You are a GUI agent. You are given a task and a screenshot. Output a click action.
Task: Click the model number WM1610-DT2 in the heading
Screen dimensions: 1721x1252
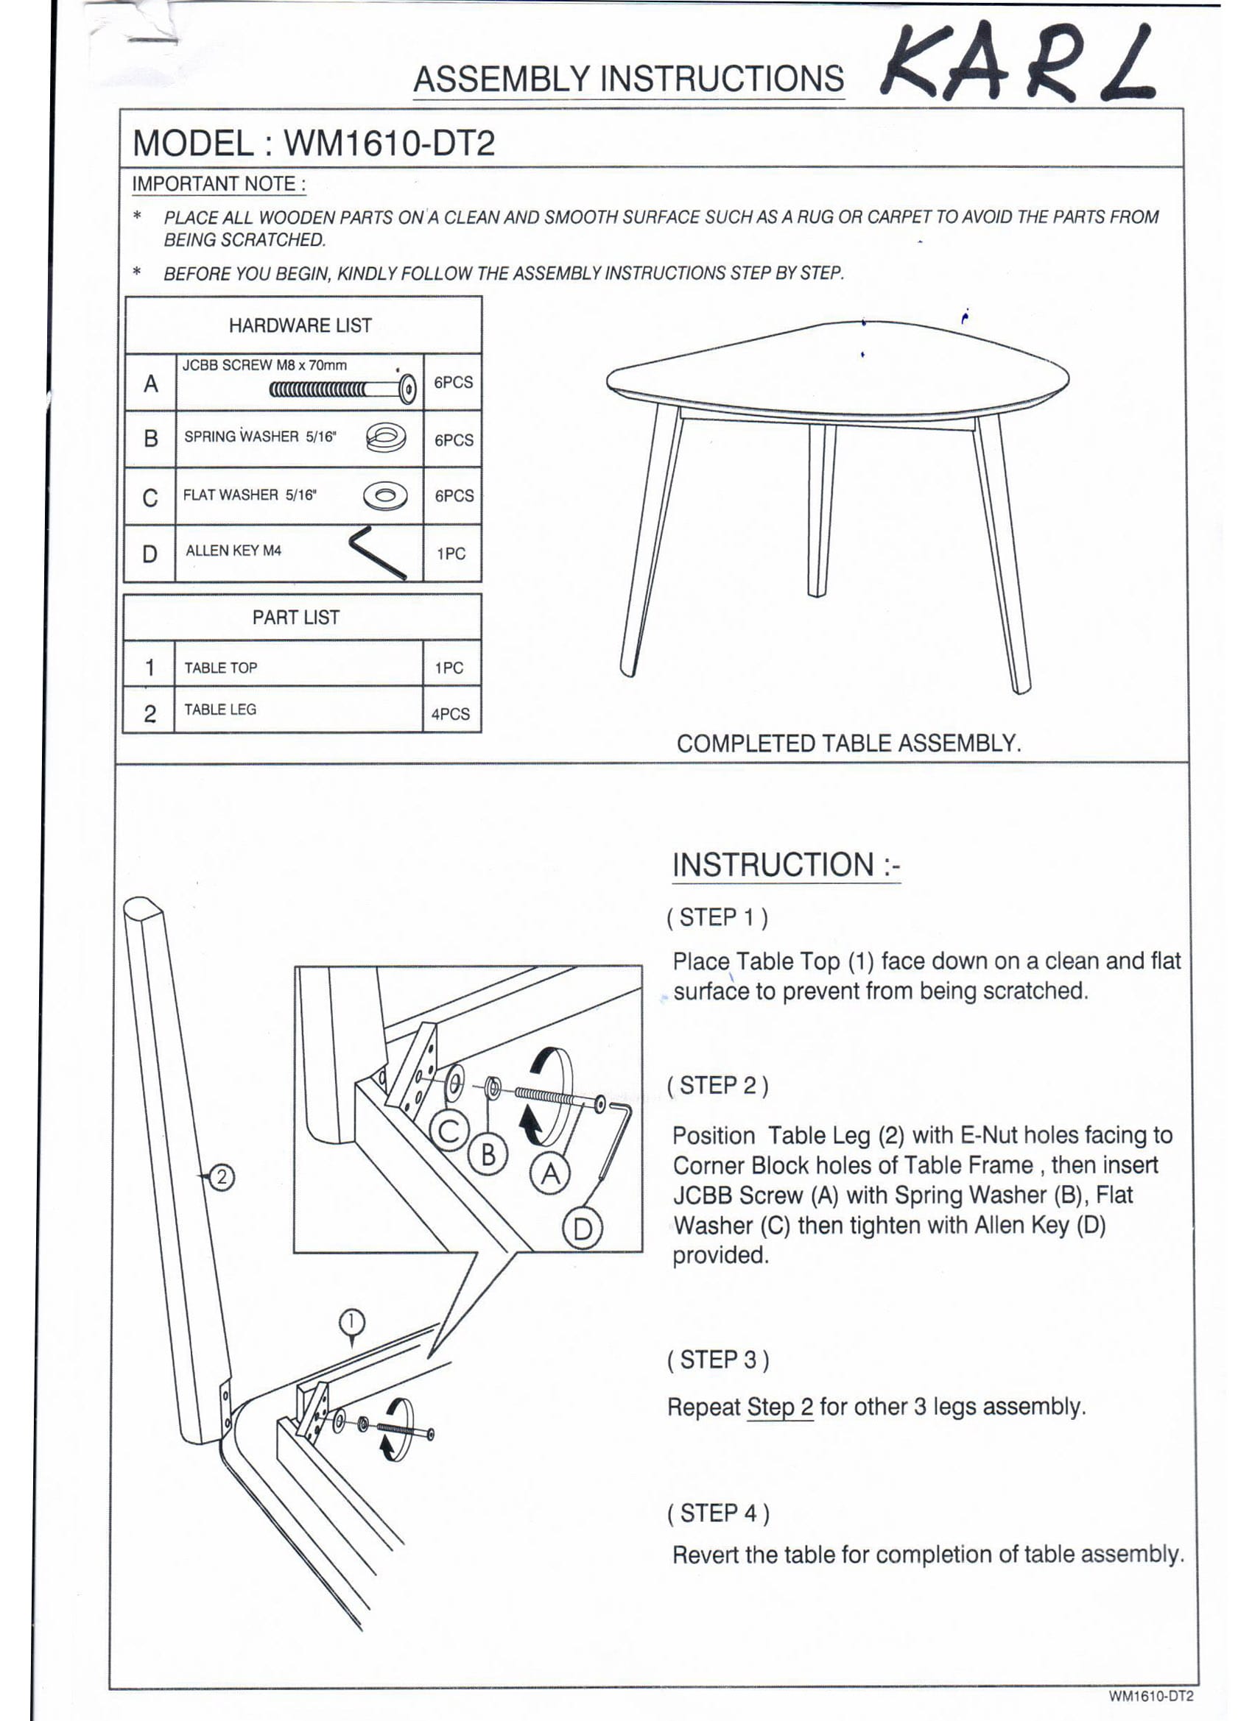[x=389, y=144]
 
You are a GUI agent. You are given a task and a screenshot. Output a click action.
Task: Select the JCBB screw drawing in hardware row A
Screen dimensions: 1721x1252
[x=342, y=389]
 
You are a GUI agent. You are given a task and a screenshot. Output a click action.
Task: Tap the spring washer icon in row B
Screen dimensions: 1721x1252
[x=386, y=437]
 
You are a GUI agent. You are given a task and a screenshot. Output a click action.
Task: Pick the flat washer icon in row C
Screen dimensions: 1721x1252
[x=385, y=495]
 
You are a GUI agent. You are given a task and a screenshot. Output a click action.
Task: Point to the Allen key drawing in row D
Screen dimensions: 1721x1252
[x=377, y=552]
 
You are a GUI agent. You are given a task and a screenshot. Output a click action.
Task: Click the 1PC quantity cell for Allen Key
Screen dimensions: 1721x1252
[x=451, y=554]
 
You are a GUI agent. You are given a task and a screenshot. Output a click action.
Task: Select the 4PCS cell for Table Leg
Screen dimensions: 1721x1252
[x=450, y=714]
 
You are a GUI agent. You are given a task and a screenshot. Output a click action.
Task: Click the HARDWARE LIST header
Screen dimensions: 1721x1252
[x=300, y=325]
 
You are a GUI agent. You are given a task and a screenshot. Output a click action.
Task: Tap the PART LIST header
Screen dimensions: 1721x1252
[x=296, y=618]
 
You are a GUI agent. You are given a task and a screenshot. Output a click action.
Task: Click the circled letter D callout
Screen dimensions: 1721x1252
[x=583, y=1229]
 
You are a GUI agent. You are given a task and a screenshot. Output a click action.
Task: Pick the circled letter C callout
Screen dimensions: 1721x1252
[x=449, y=1133]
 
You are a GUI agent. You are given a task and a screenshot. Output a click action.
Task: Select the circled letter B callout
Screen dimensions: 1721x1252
[x=488, y=1155]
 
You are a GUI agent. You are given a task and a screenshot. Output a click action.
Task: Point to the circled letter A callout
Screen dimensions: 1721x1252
[x=549, y=1174]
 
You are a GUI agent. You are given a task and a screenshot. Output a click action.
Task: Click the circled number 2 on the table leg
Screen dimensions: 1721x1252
[x=221, y=1177]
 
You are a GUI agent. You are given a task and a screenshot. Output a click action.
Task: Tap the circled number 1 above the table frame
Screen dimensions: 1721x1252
[x=351, y=1322]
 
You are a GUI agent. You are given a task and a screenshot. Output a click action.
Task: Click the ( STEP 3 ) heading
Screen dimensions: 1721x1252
[x=717, y=1360]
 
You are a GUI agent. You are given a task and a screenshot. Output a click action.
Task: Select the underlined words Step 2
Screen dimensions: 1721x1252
[x=780, y=1407]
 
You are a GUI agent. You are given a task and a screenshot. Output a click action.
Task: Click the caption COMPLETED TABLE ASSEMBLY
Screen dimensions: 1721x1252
[x=848, y=743]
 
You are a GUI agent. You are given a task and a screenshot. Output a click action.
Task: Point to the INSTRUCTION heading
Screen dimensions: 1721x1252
[x=786, y=865]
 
